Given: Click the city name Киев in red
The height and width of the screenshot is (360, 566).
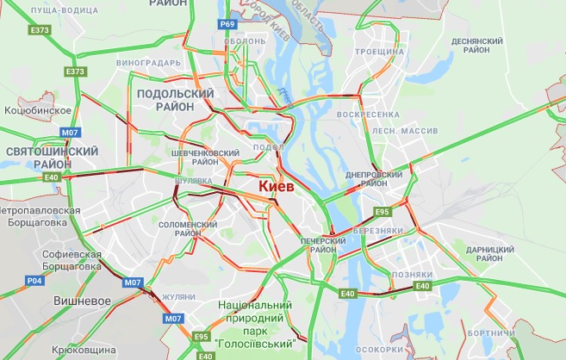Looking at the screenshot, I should click(x=277, y=186).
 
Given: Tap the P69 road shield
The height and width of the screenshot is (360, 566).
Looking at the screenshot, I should click(x=227, y=24).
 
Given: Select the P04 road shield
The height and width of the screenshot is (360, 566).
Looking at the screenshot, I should click(x=34, y=280).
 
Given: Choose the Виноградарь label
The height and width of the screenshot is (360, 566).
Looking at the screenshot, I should click(x=150, y=63).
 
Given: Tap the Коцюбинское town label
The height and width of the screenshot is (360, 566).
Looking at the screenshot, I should click(x=36, y=110).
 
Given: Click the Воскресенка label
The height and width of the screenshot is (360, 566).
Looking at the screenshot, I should click(x=368, y=114).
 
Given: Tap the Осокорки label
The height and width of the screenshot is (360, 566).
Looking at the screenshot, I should click(x=376, y=350).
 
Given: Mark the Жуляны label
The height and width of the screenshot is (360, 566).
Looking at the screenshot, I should click(x=178, y=296).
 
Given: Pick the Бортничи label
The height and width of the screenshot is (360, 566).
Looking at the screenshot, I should click(x=494, y=332).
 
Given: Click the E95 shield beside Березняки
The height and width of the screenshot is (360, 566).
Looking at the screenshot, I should click(x=381, y=210).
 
